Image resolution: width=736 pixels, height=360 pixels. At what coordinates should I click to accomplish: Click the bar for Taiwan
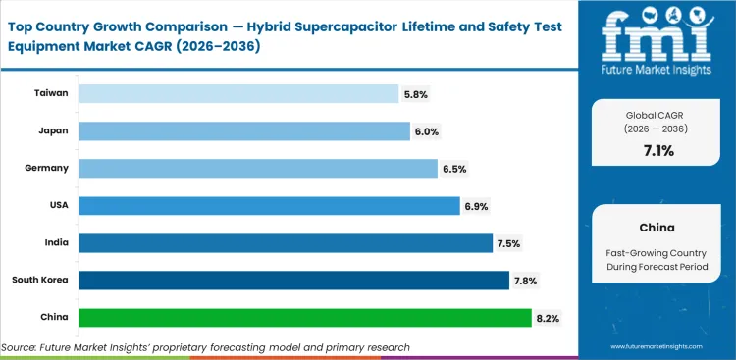237,94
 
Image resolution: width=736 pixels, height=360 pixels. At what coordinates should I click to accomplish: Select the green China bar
304,318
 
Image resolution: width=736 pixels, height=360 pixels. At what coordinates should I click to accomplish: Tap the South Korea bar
292,281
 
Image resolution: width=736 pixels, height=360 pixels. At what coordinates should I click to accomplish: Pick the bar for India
285,243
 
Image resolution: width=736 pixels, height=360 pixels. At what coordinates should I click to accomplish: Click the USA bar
268,206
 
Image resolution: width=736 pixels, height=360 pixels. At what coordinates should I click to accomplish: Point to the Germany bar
257,169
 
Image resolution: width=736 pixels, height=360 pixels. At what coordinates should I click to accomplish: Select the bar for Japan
243,131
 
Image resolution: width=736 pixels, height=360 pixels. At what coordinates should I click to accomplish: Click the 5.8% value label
415,94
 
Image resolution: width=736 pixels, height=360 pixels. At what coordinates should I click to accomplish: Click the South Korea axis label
40,281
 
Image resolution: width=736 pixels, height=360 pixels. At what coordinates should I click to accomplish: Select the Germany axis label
47,169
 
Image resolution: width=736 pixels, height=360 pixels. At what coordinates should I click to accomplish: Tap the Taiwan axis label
51,94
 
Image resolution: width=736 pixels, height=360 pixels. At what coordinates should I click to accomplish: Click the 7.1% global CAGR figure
657,150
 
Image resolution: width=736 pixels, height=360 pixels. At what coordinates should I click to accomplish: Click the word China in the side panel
657,227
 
